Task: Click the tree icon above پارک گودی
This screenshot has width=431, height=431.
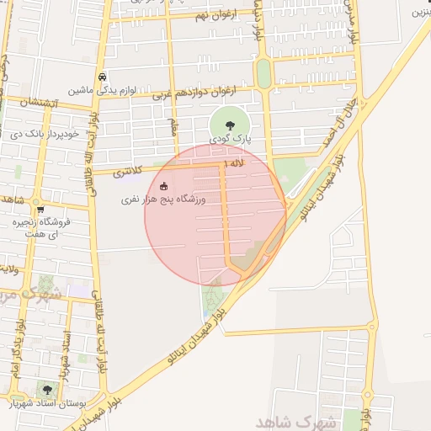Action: coord(230,125)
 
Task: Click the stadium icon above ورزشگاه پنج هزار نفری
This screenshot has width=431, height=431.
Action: coord(163,186)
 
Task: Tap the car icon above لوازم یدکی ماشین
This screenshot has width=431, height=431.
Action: coord(102,75)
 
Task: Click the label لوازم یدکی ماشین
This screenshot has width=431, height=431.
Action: coord(101,88)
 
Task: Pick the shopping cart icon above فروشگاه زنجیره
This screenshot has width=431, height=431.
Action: coord(39,210)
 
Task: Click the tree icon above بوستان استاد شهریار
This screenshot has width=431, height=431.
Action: coord(46,390)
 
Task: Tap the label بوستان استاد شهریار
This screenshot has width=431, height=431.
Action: coord(46,404)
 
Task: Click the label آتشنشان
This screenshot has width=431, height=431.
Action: coord(37,103)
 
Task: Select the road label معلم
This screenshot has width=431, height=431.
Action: coord(174,126)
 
